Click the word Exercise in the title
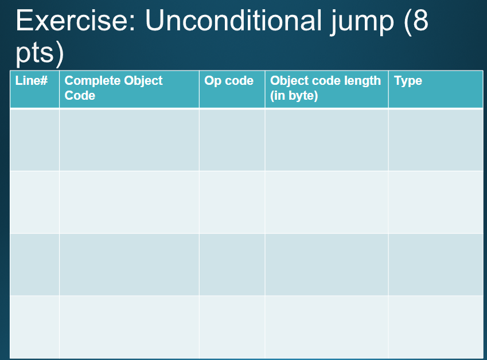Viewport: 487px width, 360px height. (74, 21)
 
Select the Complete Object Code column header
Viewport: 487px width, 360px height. (114, 88)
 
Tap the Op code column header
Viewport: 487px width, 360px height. (229, 81)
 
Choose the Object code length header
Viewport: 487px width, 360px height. (325, 88)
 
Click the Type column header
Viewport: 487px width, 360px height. (408, 81)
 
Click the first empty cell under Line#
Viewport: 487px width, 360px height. (34, 139)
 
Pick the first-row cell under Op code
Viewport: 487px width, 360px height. (232, 139)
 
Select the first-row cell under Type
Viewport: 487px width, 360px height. (435, 139)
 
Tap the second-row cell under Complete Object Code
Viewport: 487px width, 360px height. (129, 202)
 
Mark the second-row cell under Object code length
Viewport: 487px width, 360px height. (326, 202)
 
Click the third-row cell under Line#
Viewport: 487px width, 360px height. (34, 264)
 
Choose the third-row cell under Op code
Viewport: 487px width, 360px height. (232, 264)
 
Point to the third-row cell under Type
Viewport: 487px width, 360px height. (435, 264)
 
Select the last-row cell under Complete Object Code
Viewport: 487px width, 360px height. (129, 327)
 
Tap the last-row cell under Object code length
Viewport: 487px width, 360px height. (326, 327)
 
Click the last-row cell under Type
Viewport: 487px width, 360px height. (435, 327)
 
